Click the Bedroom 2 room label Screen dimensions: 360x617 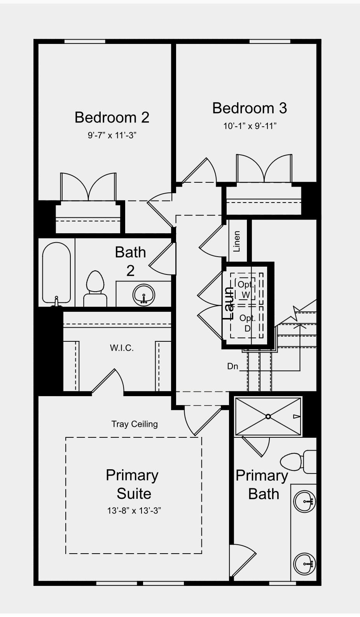coord(112,117)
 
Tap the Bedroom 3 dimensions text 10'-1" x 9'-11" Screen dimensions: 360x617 coord(250,126)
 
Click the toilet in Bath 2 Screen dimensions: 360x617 coord(95,288)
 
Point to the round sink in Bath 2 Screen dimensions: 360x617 coord(144,295)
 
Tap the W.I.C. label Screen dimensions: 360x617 coord(122,348)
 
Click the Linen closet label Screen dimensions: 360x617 coord(237,241)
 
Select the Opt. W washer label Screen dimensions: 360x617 coord(245,290)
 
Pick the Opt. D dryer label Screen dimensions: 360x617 coord(247,323)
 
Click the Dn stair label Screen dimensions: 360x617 coord(233,366)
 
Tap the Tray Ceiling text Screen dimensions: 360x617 coord(135,424)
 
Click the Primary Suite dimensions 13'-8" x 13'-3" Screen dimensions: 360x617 coord(134,511)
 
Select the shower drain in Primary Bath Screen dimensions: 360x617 coord(268,416)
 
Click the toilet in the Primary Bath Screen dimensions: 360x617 coord(298,461)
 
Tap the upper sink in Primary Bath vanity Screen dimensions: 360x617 coord(304,501)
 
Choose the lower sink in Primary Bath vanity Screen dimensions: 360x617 coord(304,564)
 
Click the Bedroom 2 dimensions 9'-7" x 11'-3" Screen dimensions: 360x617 coord(112,136)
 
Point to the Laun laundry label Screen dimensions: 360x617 coord(228,303)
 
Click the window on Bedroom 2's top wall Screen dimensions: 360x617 coord(85,41)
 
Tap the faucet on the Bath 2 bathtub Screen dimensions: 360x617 coord(56,301)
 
